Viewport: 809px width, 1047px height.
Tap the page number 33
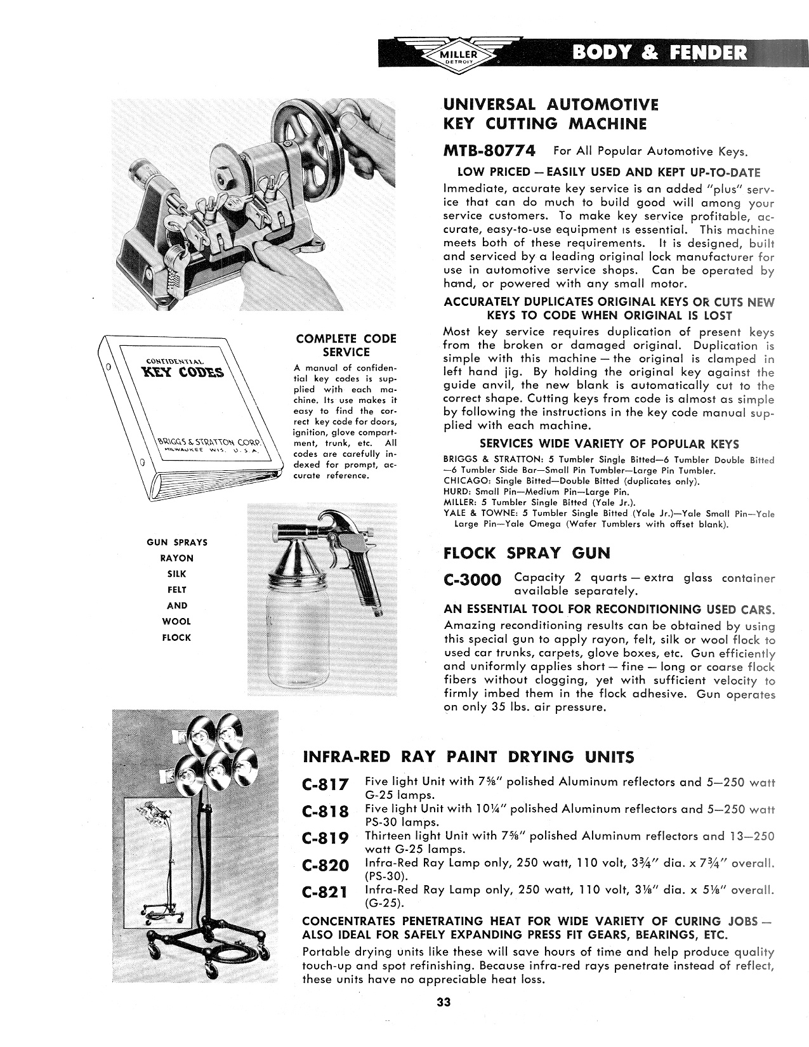coord(442,1003)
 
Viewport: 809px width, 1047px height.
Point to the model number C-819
coord(326,838)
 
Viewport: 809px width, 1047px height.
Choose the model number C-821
coord(326,892)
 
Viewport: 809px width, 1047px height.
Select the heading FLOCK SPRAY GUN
coord(527,553)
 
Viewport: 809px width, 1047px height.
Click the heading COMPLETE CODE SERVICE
coord(346,345)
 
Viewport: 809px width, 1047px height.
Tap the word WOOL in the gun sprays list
coord(176,621)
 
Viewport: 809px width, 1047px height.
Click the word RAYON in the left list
coord(176,558)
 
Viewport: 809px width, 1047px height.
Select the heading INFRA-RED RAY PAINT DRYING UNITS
coord(469,756)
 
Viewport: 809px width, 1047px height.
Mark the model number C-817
coord(326,784)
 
